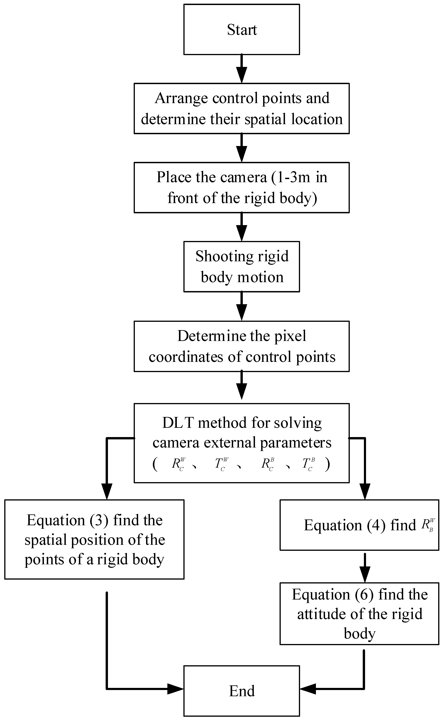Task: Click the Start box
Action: coord(242,29)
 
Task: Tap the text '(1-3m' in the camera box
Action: coord(291,177)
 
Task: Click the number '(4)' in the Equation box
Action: coord(376,525)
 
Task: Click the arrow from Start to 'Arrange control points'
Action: coord(242,69)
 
